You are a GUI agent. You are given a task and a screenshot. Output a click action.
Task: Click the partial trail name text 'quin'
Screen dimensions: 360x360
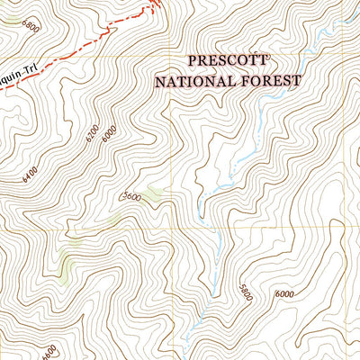10,71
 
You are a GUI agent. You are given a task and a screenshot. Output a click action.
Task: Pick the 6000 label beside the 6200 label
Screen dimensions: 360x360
110,133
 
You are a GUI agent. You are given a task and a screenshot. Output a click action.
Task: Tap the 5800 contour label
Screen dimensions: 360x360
243,294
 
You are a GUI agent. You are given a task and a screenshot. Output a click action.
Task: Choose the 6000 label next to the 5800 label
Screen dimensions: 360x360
284,294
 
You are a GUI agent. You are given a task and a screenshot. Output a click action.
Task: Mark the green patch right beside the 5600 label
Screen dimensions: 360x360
153,193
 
